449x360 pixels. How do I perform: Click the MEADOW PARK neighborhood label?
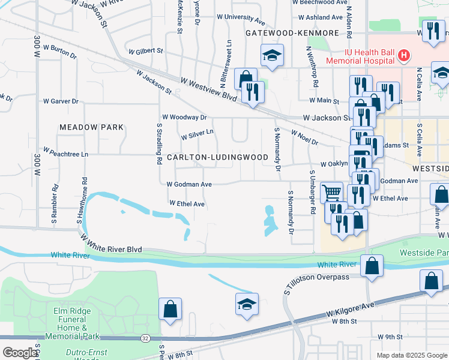pyautogui.click(x=91, y=127)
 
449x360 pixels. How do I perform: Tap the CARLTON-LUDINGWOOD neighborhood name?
pyautogui.click(x=217, y=157)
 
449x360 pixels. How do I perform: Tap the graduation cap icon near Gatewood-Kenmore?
pyautogui.click(x=271, y=56)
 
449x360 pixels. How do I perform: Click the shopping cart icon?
pyautogui.click(x=331, y=192)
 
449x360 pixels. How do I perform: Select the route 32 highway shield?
pyautogui.click(x=145, y=338)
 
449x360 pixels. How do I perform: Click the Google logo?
pyautogui.click(x=19, y=353)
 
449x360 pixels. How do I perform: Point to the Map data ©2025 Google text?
pyautogui.click(x=411, y=355)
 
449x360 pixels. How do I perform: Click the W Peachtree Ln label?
pyautogui.click(x=65, y=154)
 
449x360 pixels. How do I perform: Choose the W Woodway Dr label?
pyautogui.click(x=184, y=118)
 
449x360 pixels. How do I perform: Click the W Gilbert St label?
pyautogui.click(x=145, y=52)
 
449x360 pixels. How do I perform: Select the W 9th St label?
pyautogui.click(x=390, y=337)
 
